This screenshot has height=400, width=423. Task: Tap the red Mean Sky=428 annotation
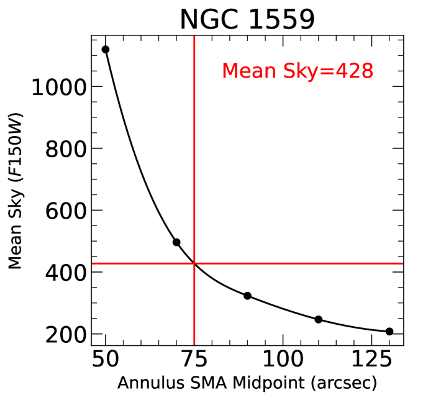coord(297,71)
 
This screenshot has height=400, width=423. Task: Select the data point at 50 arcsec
coord(106,50)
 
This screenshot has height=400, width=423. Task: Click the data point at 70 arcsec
coord(176,242)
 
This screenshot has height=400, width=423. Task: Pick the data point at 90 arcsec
coord(247,296)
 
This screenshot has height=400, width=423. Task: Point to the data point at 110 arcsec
coord(319,319)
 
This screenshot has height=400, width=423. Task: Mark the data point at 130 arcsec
coord(389,332)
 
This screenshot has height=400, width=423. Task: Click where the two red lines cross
coord(194,263)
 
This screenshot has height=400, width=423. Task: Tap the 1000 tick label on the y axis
coord(58,87)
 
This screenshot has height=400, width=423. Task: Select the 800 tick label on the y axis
coord(65,149)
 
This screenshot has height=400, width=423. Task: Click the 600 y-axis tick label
coord(65,211)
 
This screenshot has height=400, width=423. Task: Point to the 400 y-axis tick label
coord(65,273)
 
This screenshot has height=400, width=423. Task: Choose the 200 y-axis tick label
coord(65,335)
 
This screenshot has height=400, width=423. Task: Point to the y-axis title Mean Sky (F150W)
coord(16,191)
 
